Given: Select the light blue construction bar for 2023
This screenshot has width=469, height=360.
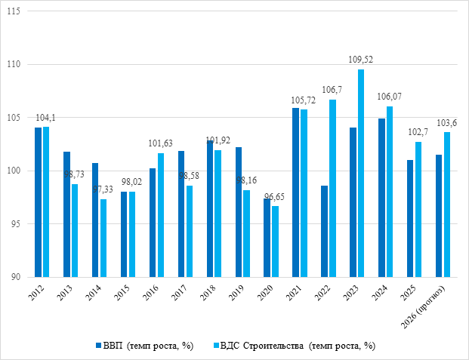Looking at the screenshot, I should (361, 173).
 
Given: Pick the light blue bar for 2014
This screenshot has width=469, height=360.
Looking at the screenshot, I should (103, 238).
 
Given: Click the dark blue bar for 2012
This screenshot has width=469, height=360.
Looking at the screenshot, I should (38, 202).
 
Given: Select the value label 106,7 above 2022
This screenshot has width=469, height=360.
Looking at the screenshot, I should (332, 91).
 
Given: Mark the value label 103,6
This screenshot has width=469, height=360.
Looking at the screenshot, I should (447, 123).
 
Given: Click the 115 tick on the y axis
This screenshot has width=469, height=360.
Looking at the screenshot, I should (16, 12).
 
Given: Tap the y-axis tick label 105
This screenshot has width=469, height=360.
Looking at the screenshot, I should (16, 118).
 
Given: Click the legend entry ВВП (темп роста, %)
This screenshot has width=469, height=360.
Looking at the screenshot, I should (147, 346).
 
